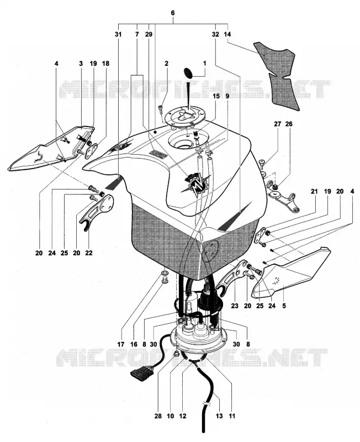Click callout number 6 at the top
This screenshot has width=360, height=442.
click(173, 13)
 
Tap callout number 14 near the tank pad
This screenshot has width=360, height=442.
click(227, 34)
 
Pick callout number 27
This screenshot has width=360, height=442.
click(278, 124)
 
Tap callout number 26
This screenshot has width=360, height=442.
click(289, 124)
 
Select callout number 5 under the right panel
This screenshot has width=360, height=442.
click(284, 306)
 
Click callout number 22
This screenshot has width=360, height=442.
click(88, 253)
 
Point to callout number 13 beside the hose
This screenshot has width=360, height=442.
click(219, 416)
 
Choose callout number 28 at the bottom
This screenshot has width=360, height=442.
click(158, 416)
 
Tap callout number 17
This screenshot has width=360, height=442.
click(121, 344)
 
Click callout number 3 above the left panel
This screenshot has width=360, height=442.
click(81, 64)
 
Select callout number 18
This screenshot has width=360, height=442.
click(105, 64)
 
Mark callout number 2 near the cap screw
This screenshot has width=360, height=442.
click(167, 64)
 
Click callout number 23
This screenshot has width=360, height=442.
click(235, 306)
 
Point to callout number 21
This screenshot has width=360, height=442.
click(314, 191)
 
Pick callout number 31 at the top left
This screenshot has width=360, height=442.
click(118, 34)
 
